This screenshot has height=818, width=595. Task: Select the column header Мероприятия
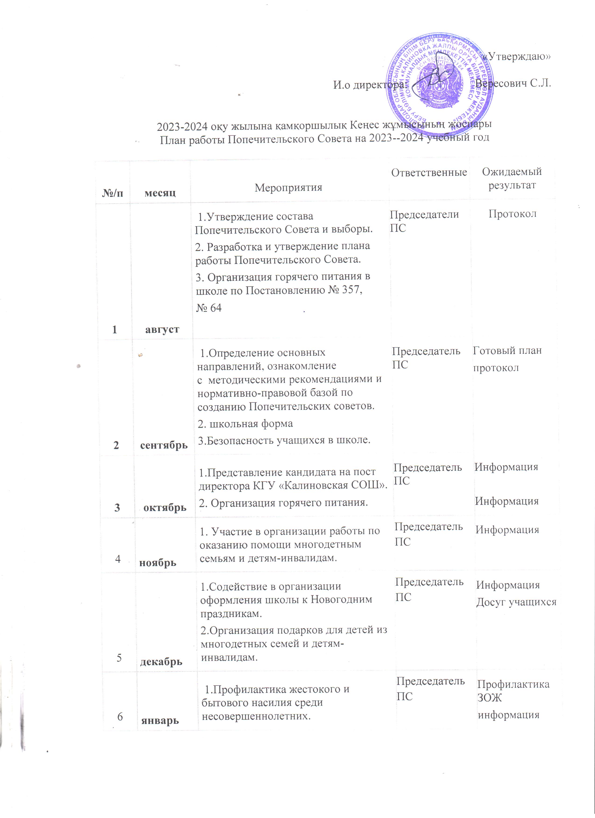tap(288, 187)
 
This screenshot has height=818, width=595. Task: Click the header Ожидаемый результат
tap(512, 179)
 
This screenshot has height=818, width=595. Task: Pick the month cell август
tap(162, 329)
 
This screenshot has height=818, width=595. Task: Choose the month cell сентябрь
tap(164, 445)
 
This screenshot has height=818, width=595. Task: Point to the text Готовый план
tap(507, 350)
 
